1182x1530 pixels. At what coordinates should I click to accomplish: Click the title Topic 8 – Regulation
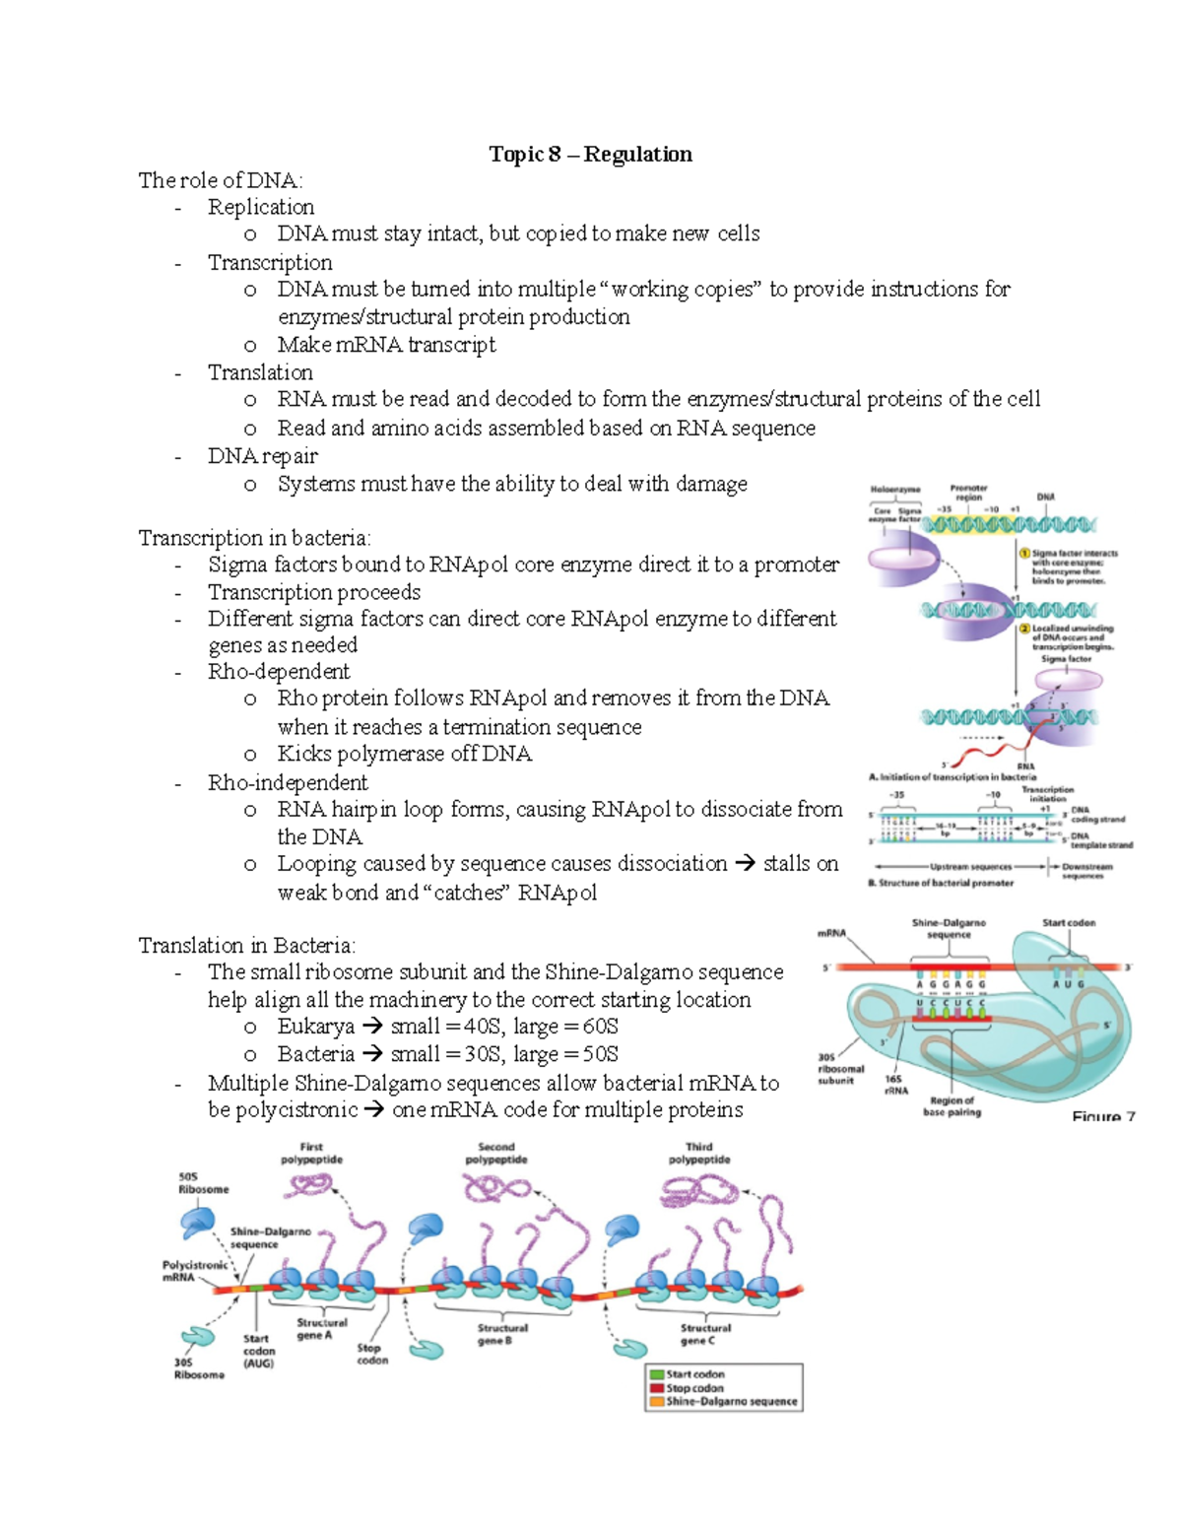[590, 154]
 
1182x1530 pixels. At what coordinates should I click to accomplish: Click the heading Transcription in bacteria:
[254, 538]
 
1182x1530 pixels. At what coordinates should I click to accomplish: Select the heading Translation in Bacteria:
[246, 946]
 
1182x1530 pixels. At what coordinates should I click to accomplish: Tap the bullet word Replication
[261, 207]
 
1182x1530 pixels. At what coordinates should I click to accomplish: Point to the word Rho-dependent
[279, 672]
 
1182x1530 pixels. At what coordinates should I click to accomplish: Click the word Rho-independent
[288, 783]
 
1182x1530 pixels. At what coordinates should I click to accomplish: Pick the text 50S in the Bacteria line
[600, 1054]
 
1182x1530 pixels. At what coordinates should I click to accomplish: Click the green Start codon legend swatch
[656, 1374]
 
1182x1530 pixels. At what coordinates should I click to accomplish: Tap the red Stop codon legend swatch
[656, 1388]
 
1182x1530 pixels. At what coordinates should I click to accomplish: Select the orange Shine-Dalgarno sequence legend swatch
[656, 1401]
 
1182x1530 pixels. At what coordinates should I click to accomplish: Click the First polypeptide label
[311, 1154]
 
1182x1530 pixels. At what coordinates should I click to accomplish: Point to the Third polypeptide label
[699, 1154]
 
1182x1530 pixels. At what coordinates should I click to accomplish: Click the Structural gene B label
[502, 1334]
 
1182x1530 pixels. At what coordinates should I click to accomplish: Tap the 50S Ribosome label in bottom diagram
[203, 1183]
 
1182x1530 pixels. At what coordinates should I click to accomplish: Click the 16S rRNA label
[895, 1085]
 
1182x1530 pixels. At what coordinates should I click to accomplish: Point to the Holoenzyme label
[894, 490]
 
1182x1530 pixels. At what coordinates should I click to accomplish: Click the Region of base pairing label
[952, 1106]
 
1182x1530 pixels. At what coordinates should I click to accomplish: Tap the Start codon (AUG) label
[258, 1351]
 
